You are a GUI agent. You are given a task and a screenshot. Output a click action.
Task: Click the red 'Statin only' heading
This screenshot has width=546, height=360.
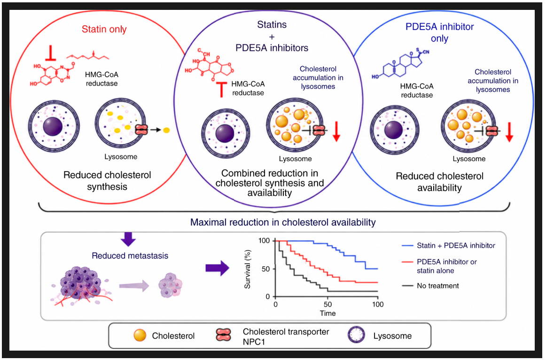[x=104, y=29]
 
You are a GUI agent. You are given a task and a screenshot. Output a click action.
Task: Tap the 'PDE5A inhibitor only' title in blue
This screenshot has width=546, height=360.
[x=439, y=32]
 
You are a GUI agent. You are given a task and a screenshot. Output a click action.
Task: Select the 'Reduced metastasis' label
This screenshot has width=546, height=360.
[x=130, y=256]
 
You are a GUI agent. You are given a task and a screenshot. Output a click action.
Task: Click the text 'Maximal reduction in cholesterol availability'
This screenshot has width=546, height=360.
[x=283, y=222]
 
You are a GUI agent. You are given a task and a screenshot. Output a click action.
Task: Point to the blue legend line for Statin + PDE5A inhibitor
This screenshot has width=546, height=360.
[x=407, y=245]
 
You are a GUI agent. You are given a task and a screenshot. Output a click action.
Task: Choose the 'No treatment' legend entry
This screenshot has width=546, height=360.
[x=438, y=285]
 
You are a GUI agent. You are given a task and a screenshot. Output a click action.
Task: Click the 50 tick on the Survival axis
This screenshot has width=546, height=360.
[x=265, y=269]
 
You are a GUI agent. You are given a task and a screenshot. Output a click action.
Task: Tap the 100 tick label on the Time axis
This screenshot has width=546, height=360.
[x=378, y=304]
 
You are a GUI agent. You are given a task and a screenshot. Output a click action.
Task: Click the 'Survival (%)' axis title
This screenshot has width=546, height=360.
[x=248, y=269]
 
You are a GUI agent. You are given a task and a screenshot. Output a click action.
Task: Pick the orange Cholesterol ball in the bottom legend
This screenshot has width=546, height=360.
[x=140, y=336]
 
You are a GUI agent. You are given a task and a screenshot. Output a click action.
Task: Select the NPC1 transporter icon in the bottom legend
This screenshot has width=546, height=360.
[x=223, y=336]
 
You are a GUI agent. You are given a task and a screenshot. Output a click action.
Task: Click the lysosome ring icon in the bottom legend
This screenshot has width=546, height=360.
[x=356, y=335]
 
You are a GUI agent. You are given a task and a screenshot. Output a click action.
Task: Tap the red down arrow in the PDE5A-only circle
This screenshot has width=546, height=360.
[x=509, y=132]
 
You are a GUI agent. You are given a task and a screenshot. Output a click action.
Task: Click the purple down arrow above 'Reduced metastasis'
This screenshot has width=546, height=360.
[x=128, y=239]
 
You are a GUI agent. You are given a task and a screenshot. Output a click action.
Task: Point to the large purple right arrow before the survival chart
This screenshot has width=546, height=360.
[x=217, y=268]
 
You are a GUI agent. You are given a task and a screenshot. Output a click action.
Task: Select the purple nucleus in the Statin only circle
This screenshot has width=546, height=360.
[x=53, y=126]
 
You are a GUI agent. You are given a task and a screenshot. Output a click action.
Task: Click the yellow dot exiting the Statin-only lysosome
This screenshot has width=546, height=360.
[x=166, y=130]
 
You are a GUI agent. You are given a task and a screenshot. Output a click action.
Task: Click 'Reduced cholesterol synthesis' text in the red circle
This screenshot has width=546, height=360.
[x=107, y=180]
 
